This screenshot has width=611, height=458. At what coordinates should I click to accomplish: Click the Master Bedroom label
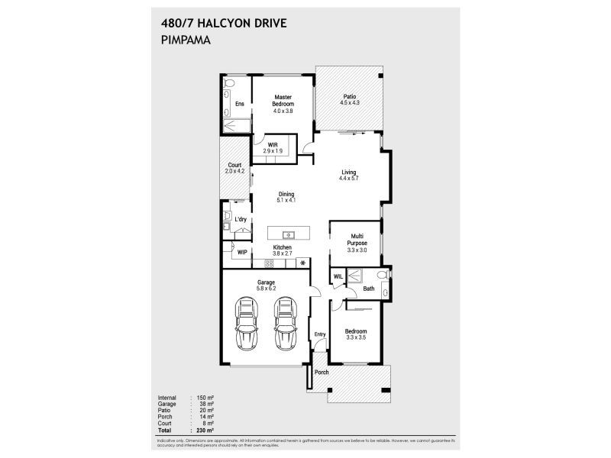coord(283,103)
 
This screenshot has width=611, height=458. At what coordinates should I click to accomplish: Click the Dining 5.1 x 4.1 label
coord(286,196)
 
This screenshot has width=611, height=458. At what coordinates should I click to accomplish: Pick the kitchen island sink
coord(289,234)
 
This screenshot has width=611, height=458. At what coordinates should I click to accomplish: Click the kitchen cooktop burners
coord(269,263)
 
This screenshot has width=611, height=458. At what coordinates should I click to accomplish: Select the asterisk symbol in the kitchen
coord(303,263)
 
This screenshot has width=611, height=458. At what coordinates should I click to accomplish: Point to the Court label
coord(234,168)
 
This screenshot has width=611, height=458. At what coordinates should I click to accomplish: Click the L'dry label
coord(241,221)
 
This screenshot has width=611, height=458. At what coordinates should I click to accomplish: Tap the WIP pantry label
coord(242,252)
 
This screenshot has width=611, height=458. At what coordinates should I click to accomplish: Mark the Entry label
coord(320,333)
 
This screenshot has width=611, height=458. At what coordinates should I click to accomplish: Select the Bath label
coord(368,289)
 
